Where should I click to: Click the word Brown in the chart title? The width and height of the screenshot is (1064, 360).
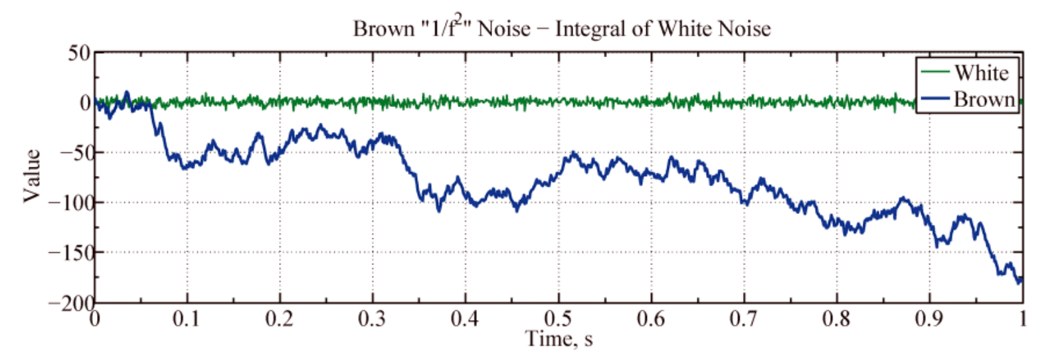pos(375,29)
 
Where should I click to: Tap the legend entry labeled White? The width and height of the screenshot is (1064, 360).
pos(981,72)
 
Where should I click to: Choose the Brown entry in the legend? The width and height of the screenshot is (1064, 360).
pos(984,100)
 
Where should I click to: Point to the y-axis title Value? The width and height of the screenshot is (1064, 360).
pos(32,176)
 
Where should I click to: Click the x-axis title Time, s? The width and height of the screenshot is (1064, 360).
pos(559,339)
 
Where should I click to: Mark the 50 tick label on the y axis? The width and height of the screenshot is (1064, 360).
pos(79,53)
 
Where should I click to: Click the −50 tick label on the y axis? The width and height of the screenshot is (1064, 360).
pos(75,153)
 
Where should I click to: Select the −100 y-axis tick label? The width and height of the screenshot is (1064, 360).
pos(70,203)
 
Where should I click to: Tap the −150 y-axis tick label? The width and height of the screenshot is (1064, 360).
pos(70,252)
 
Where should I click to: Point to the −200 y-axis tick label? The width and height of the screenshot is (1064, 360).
pos(70,302)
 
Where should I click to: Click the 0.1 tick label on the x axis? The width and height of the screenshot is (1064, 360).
pos(186,319)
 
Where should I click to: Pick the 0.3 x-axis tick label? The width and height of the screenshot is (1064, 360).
pos(372,319)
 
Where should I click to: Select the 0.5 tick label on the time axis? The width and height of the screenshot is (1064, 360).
pos(558,319)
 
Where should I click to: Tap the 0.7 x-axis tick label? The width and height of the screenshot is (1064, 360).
pos(743,319)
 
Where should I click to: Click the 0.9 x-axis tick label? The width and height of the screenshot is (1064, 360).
pos(929,319)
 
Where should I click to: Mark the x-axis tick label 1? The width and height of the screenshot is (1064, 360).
pos(1022,319)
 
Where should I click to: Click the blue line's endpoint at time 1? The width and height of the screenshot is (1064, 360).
pos(1021,280)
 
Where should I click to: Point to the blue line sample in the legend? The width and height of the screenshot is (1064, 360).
pos(934,100)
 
